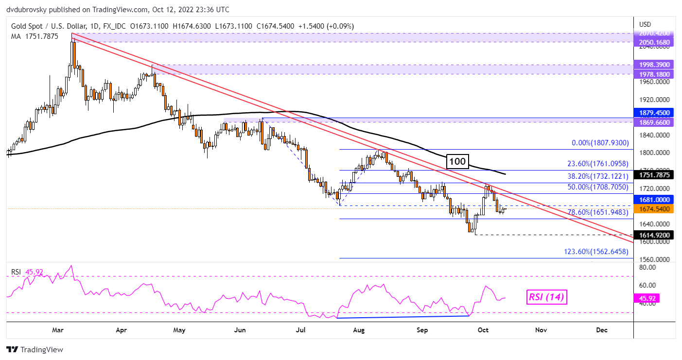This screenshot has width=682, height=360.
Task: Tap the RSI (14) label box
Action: point(546,297)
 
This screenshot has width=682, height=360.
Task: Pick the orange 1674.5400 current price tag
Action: point(656,209)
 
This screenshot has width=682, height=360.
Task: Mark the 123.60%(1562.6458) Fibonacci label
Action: point(596,252)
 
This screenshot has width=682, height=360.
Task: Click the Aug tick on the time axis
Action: point(359,330)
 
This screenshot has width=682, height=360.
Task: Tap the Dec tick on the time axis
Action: point(602,330)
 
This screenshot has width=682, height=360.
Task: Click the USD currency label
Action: point(645,24)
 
